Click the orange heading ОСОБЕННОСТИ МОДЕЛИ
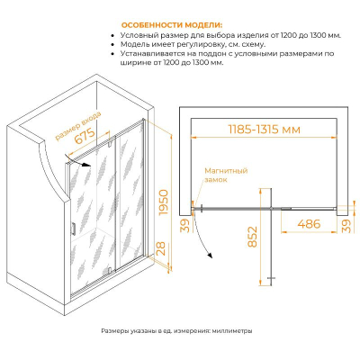pyautogui.click(x=172, y=25)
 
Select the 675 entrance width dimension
pyautogui.click(x=85, y=136)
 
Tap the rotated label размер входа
pyautogui.click(x=77, y=126)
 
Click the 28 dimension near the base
pyautogui.click(x=161, y=248)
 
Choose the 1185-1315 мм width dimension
pyautogui.click(x=264, y=130)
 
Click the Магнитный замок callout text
pyautogui.click(x=226, y=175)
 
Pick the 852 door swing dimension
pyautogui.click(x=253, y=237)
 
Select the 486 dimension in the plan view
pyautogui.click(x=309, y=224)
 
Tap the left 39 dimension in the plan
pyautogui.click(x=186, y=226)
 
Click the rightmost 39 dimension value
pyautogui.click(x=346, y=226)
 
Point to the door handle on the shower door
pyautogui.click(x=73, y=229)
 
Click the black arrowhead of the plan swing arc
pyautogui.click(x=210, y=255)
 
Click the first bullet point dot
pyautogui.click(x=112, y=36)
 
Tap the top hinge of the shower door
pyautogui.click(x=110, y=144)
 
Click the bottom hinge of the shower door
pyautogui.click(x=111, y=270)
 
